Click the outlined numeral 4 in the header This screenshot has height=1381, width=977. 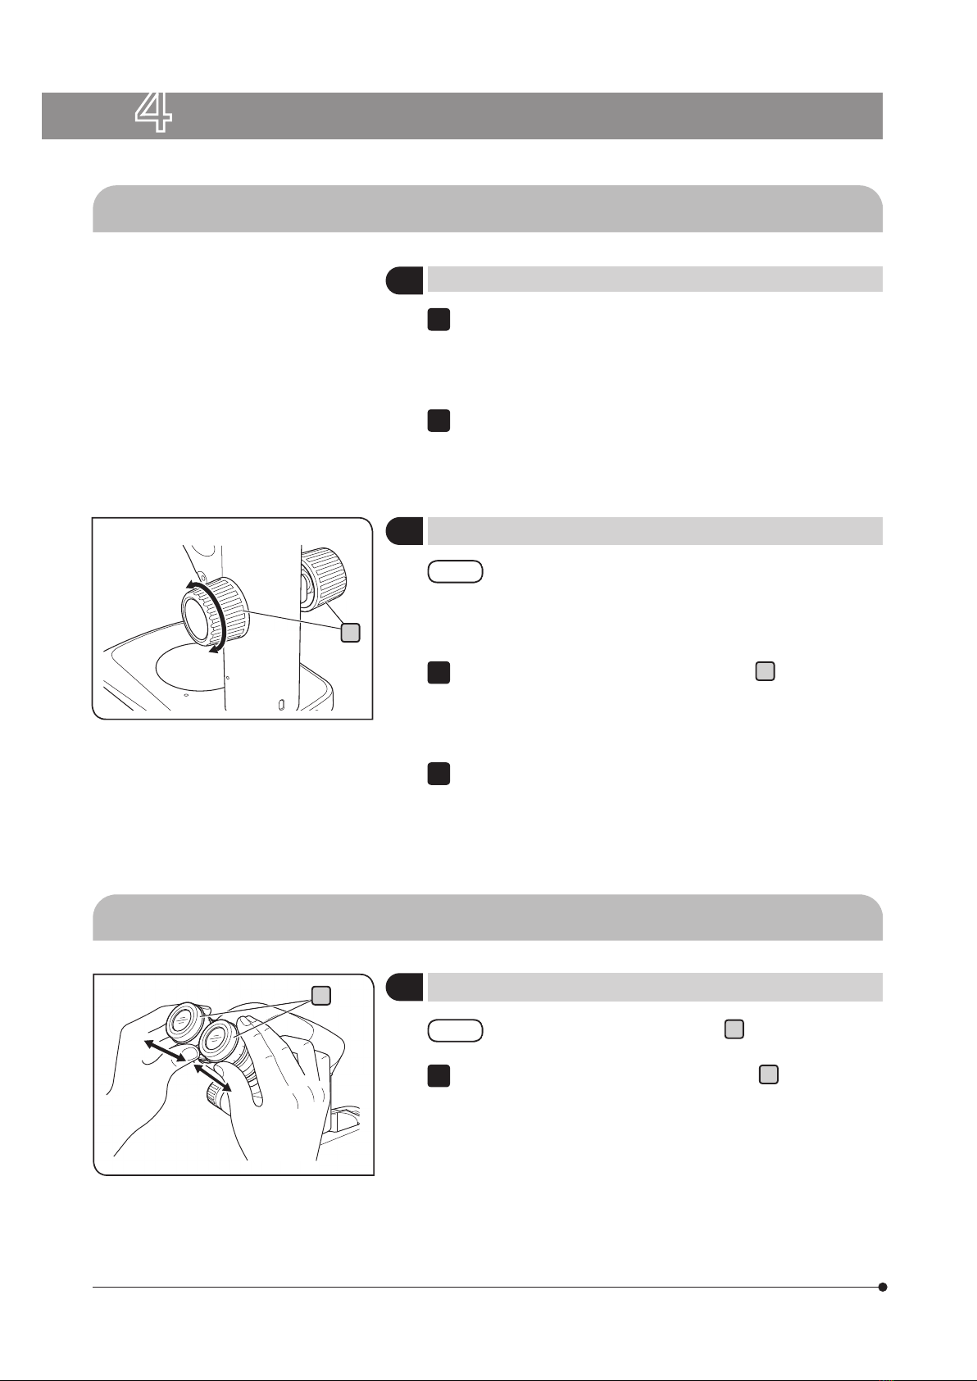(153, 113)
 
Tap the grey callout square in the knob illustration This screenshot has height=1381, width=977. (350, 633)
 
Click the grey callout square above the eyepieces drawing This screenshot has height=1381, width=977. (320, 995)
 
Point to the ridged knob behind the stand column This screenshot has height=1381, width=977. (323, 579)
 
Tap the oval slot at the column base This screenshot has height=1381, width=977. (282, 703)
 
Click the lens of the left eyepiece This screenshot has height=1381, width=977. (181, 1020)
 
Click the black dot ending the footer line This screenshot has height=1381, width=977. (883, 1287)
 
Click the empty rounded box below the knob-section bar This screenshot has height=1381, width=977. (455, 571)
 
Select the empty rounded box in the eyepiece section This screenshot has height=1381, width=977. (455, 1030)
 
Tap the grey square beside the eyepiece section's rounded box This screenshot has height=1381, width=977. (734, 1029)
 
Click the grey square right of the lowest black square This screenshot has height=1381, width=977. (768, 1074)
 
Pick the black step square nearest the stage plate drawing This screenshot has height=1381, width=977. (439, 673)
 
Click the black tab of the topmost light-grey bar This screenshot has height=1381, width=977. (404, 280)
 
